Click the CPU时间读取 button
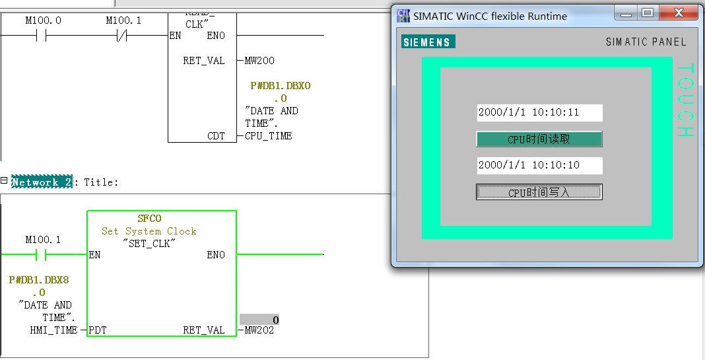click(539, 139)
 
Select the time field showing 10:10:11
click(539, 112)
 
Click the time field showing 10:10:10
click(539, 165)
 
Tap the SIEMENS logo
click(428, 42)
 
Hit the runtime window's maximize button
click(648, 13)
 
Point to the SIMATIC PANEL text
click(646, 42)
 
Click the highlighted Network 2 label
click(41, 182)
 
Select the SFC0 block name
click(149, 219)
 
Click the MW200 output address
click(259, 61)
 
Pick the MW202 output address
click(259, 330)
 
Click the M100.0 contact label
click(44, 20)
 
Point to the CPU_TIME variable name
click(268, 136)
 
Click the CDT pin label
click(216, 136)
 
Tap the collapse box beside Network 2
click(4, 180)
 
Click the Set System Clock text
click(149, 231)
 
